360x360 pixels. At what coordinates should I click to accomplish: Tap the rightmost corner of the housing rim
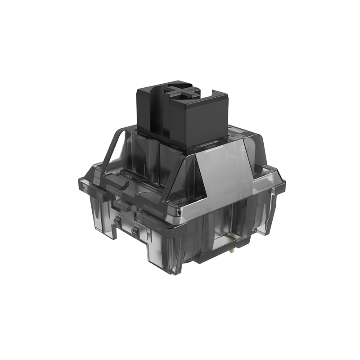coord(284,183)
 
